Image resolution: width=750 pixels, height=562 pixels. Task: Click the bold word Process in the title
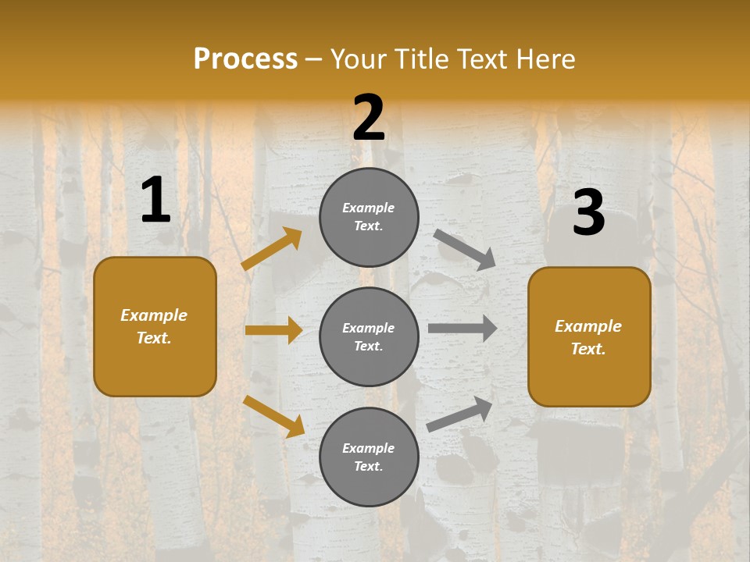click(245, 59)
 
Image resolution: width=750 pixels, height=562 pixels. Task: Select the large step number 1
click(155, 201)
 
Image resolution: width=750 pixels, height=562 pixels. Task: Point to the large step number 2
click(369, 118)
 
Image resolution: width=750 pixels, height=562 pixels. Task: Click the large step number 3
click(588, 213)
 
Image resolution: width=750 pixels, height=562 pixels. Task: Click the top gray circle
click(369, 217)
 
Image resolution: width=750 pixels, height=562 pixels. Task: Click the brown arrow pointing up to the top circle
click(272, 249)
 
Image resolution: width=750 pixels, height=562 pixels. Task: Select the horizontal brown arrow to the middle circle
click(273, 330)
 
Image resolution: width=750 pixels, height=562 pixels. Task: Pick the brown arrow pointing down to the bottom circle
click(273, 416)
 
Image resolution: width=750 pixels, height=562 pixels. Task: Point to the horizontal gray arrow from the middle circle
click(462, 329)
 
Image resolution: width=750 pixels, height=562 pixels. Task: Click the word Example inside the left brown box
click(154, 315)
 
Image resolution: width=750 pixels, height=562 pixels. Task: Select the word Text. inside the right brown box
click(588, 349)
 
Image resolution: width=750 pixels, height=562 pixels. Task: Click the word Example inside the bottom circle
click(369, 448)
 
